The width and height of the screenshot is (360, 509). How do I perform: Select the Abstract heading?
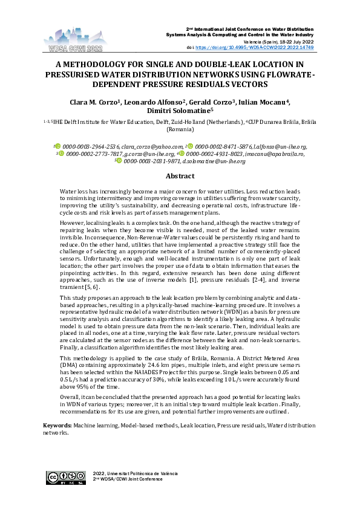tap(180, 176)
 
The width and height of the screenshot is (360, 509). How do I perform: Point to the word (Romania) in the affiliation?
tap(180, 129)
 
